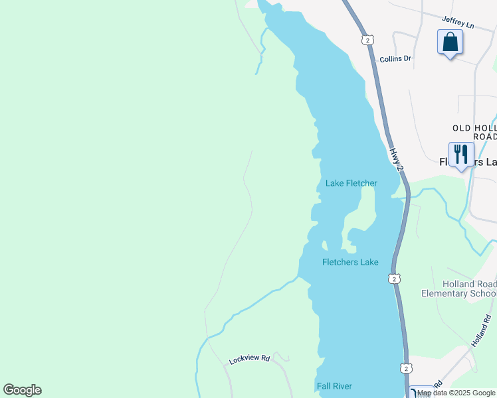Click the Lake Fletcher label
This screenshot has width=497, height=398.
coord(351,183)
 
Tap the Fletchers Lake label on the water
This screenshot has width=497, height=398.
coord(350,262)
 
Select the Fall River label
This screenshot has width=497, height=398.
coord(334,385)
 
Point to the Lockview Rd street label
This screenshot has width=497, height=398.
coord(249,360)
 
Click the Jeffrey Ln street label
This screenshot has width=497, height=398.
coord(458,25)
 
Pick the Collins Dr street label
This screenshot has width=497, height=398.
coord(395,59)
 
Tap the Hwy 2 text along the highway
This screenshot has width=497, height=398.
coord(396,160)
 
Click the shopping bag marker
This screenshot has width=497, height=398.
coord(450,42)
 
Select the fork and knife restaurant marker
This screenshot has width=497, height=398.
coord(461,155)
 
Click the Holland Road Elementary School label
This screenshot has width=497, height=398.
coord(459,288)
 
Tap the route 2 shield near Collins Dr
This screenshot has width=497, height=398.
coord(367,40)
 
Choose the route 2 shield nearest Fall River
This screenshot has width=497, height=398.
coord(406,368)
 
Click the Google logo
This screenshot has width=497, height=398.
coord(23,390)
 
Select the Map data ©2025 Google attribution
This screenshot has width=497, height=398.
coord(456,393)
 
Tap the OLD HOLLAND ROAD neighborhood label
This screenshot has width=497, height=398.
coord(474,132)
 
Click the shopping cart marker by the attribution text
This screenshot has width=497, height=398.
coord(419,393)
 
